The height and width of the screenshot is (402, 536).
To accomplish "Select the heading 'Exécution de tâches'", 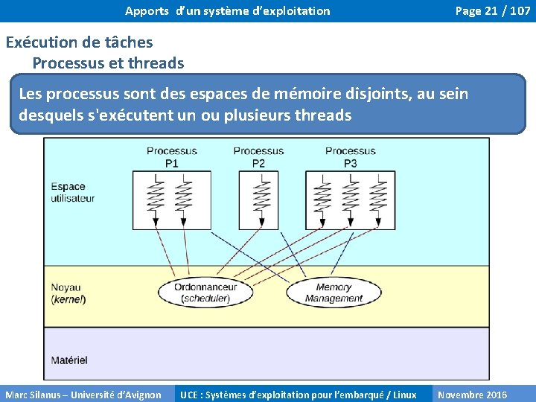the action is [79, 42].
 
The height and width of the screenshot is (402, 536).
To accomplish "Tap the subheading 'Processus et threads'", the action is [108, 63].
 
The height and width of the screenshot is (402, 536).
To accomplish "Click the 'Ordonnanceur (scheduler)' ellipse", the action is [205, 293].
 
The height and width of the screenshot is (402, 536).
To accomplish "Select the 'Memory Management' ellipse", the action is [334, 293].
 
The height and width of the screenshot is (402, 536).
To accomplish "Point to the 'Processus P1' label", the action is [171, 157].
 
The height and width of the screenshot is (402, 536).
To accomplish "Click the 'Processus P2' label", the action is [258, 157].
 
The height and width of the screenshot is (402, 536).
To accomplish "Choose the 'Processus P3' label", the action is [350, 157].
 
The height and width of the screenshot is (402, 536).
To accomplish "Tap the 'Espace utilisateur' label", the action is [72, 192].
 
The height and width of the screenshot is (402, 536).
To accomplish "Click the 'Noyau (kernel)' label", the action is [68, 293].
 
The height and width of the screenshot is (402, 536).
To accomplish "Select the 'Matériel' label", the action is [69, 360].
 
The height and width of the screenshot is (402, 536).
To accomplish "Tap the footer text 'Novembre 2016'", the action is [472, 395].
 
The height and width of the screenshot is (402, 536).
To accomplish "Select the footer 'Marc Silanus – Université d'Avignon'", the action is [83, 395].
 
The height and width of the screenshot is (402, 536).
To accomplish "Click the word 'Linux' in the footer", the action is [404, 395].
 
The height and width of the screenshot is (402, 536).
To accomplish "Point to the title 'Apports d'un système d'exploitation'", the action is [227, 10].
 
